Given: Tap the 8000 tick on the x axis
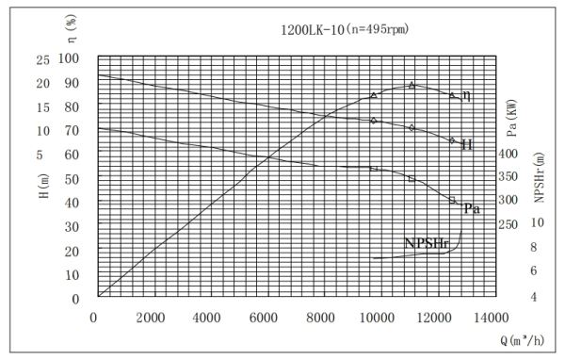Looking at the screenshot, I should point(319,318).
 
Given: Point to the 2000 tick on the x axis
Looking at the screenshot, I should point(150,318).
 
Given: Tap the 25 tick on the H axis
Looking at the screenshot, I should point(41,58).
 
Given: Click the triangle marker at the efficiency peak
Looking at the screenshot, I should point(412,85).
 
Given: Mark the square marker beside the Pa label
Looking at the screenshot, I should point(453,200).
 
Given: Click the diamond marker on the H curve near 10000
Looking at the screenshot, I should point(374,121).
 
